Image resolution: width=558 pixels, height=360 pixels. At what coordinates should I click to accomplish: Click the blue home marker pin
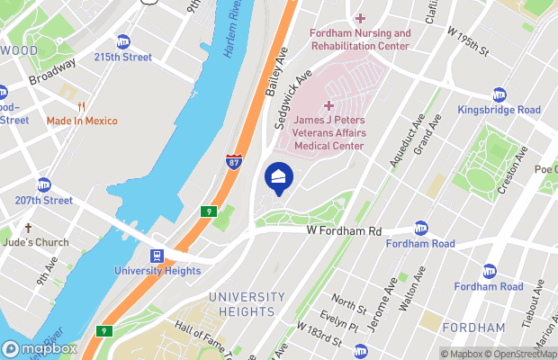(x=278, y=176)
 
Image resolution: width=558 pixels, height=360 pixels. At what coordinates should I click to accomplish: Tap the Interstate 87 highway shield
(x=233, y=161)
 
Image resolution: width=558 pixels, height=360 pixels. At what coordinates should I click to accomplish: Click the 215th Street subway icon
(x=123, y=41)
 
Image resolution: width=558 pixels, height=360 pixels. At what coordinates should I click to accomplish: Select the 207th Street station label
(x=42, y=200)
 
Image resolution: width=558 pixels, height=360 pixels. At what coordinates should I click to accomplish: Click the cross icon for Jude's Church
(x=29, y=229)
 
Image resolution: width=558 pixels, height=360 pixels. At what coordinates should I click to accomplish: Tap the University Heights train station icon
(x=157, y=256)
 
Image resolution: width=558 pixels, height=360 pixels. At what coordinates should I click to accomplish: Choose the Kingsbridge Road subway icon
(x=499, y=94)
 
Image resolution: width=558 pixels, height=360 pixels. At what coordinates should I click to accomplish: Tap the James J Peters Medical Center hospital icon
(x=328, y=106)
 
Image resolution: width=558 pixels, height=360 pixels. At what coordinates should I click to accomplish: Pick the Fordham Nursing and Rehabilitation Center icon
(x=360, y=18)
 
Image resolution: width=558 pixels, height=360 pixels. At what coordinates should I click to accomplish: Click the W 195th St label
(x=469, y=38)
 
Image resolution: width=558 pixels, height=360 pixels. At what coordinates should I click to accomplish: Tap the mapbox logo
(x=40, y=348)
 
